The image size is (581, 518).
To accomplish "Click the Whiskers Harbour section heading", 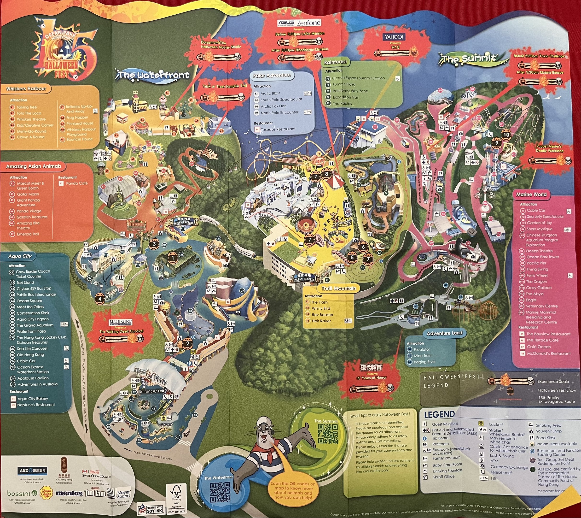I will click(x=26, y=89).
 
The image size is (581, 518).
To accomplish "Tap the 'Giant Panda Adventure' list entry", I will click(x=28, y=202).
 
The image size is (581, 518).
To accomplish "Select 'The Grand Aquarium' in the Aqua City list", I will click(x=35, y=325).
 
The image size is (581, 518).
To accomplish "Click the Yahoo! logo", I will click(x=394, y=37).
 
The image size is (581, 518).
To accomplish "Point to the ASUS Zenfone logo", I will click(x=299, y=23).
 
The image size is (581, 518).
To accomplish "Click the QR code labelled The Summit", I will click(x=328, y=434).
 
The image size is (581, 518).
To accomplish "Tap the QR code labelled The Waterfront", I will click(x=220, y=492).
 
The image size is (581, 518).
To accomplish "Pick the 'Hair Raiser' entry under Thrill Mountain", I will click(x=321, y=321).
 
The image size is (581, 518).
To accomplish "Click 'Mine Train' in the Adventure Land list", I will click(x=423, y=355).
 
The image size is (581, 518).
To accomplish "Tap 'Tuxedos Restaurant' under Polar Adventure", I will click(x=278, y=129).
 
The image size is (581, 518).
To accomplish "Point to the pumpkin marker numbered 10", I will click(x=506, y=135).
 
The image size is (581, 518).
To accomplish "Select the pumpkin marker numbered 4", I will click(x=100, y=299).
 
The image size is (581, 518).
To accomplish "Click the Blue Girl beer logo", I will click(x=120, y=323).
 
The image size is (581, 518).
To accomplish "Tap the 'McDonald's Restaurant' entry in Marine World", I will click(x=549, y=353).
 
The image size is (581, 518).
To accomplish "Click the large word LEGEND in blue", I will click(x=439, y=415).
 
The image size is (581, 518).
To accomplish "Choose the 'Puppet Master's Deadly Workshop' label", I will click(x=549, y=149).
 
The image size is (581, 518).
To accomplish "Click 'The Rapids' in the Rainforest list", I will click(x=342, y=104).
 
